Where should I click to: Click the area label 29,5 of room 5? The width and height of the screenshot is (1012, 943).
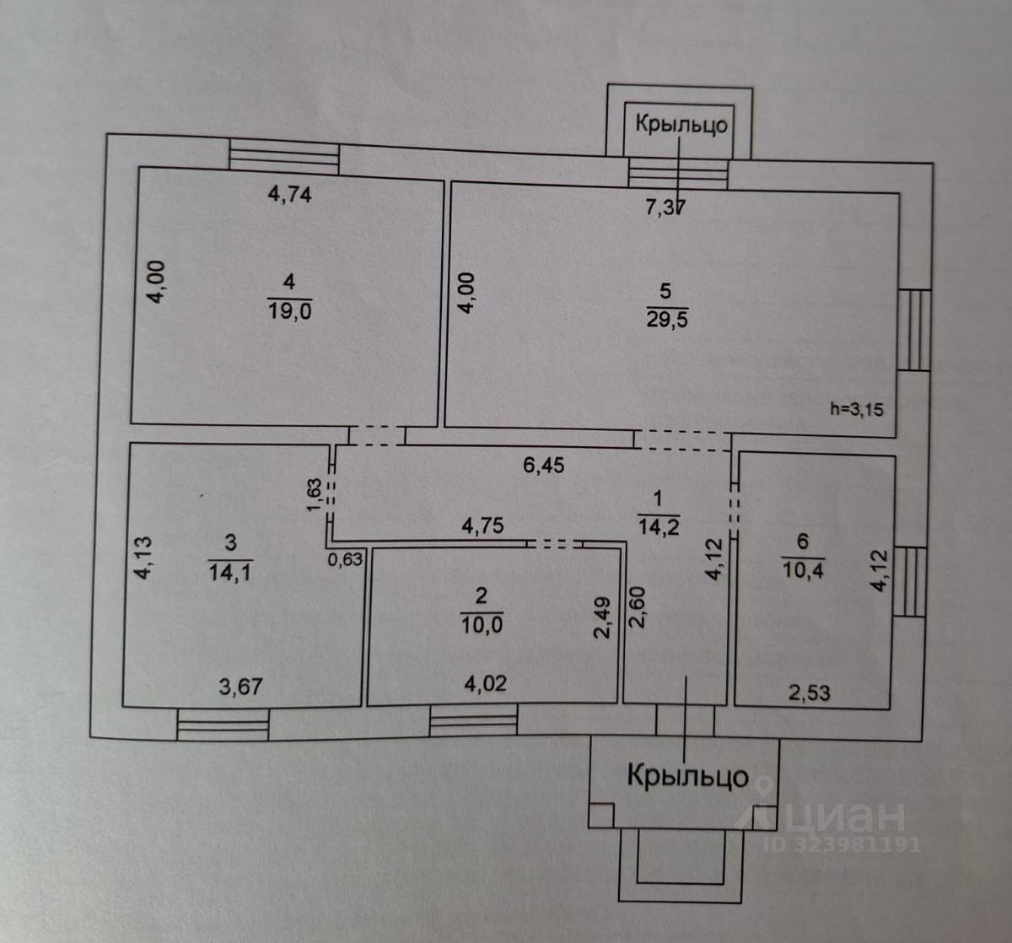tap(666, 320)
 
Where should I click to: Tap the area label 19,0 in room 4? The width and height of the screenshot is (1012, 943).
tap(290, 310)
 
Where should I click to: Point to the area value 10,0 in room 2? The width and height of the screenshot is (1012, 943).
tap(482, 625)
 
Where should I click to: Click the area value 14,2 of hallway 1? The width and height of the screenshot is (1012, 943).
tap(659, 528)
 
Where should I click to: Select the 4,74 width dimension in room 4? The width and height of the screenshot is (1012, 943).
tap(289, 194)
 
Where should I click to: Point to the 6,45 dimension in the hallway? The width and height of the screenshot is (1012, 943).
tap(544, 465)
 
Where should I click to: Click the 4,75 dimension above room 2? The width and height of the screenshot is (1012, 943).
tap(482, 525)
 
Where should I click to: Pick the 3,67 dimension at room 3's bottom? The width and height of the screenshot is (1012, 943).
tap(240, 687)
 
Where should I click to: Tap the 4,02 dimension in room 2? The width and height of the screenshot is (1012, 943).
tap(485, 683)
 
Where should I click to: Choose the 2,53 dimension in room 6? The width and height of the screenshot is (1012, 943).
tap(809, 693)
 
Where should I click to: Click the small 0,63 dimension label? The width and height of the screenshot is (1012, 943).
tap(347, 558)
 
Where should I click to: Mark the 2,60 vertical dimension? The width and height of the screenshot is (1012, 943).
tap(638, 607)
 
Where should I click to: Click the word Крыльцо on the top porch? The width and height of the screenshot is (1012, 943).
tap(681, 125)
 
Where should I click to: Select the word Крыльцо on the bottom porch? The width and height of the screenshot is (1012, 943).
tap(686, 775)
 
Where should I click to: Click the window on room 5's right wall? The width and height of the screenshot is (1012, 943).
tap(913, 330)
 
